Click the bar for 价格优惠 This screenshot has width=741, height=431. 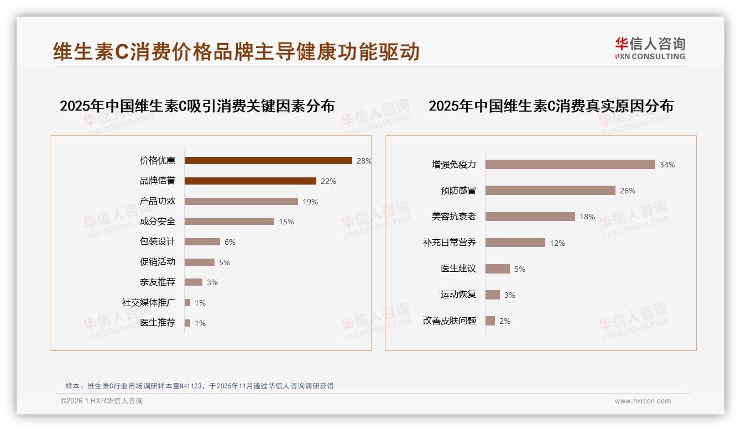268,161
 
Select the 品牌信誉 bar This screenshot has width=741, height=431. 250,181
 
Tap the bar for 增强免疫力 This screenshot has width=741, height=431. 570,165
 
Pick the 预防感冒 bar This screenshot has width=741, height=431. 550,191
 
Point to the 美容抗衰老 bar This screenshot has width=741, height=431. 530,217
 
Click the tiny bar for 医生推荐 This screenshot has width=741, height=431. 187,323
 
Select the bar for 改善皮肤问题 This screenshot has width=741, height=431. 490,320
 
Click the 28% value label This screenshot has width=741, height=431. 364,161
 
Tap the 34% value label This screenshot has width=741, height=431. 667,165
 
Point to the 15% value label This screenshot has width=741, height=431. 286,222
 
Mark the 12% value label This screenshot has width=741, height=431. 557,243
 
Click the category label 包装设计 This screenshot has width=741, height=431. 157,241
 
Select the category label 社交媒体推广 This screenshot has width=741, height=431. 148,302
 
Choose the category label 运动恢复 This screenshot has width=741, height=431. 458,295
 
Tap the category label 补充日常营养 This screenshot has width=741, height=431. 449,243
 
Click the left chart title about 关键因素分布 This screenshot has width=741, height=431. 197,106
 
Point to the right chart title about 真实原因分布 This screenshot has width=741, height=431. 551,106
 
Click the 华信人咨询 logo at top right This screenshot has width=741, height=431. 650,49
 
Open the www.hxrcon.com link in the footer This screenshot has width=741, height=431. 643,401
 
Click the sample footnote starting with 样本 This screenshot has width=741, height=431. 200,386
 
